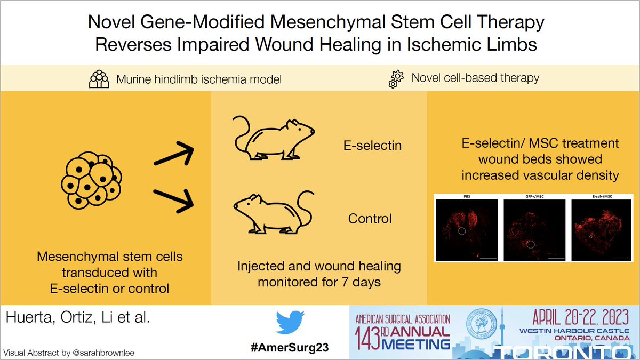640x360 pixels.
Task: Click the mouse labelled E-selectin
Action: click(x=273, y=138)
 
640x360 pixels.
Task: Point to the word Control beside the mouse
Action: click(x=370, y=219)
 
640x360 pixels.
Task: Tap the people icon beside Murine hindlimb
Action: click(x=99, y=79)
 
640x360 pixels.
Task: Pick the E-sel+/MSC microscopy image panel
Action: click(x=602, y=230)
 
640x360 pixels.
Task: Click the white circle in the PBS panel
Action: click(x=463, y=231)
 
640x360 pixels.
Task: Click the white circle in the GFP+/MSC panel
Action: click(x=531, y=244)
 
